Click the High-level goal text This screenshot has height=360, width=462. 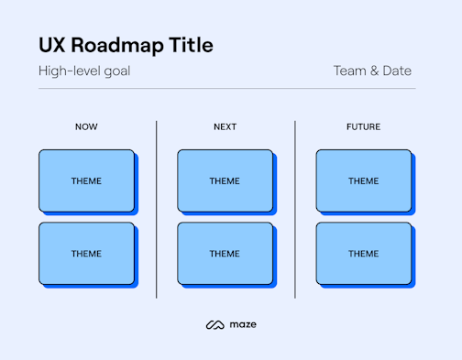pos(84,71)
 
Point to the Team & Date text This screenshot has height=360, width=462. pos(372,71)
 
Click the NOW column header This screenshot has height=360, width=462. pos(86,126)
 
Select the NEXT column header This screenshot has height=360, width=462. pos(225,126)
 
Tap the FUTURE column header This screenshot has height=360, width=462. pos(363,126)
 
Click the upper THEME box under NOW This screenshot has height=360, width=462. pos(86,180)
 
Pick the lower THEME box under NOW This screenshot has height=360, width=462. pos(86,253)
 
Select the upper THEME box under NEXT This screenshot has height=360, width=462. pos(225,180)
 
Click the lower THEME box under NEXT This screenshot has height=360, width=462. pos(225,253)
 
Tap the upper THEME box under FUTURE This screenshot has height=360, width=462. pos(363,180)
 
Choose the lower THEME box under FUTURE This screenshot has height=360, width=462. pos(363,253)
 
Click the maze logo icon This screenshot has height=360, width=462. pos(214,324)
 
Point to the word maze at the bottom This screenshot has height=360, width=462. pos(243,324)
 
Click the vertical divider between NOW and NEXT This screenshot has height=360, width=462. pos(157,209)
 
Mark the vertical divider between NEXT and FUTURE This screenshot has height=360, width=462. pos(295,209)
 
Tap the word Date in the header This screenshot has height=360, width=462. pos(396,71)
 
